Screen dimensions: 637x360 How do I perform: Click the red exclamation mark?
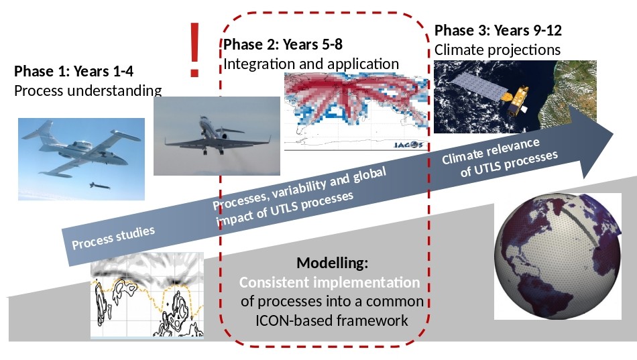coord(194,50)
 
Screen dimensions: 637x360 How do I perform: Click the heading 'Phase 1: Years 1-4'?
coord(74,71)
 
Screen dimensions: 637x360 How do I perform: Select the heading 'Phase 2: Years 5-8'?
coord(283,44)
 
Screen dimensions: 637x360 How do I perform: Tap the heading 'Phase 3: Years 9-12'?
coord(498,30)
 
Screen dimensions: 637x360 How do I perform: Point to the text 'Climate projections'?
coord(498,50)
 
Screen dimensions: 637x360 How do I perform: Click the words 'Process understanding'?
coord(88,91)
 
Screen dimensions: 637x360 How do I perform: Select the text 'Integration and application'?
coord(311,64)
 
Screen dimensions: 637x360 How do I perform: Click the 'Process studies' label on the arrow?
coord(113,238)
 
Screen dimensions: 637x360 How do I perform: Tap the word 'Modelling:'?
coord(333,263)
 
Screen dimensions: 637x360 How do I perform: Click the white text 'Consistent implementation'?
coord(329,282)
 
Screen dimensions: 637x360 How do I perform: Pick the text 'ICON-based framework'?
coord(331,320)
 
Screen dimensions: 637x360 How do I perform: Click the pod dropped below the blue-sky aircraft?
coord(99,186)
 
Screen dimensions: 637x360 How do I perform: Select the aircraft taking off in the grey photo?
coord(217,137)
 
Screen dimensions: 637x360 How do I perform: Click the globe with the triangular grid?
coord(558,256)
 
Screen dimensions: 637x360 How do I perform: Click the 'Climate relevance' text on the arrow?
coord(491,151)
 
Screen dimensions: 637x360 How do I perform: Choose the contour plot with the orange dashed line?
coord(147,295)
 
